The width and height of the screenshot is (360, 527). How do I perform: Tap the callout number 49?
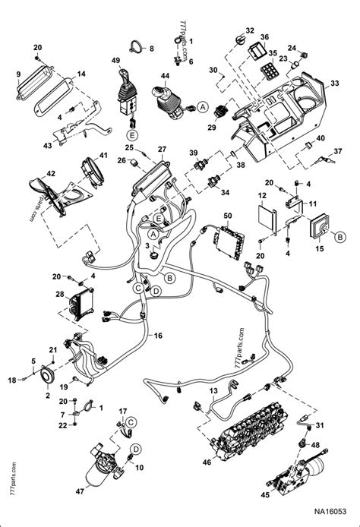click(x=115, y=61)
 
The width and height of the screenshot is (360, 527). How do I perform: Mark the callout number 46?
click(x=206, y=461)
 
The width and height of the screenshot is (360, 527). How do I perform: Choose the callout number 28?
click(x=59, y=294)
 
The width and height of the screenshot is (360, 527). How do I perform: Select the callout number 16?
click(x=158, y=336)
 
